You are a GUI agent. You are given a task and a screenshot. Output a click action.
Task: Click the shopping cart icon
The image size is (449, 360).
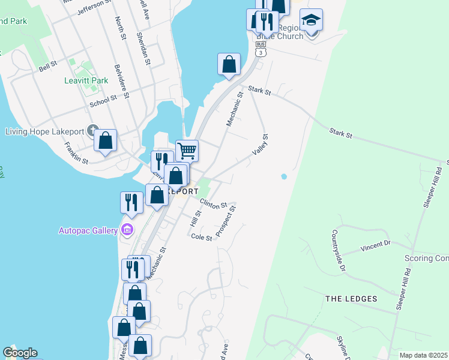point(187,151)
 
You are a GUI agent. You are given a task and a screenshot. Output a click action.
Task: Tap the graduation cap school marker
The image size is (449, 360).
point(311,20)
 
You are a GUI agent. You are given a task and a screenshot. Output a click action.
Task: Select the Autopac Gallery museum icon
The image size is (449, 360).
point(127,230)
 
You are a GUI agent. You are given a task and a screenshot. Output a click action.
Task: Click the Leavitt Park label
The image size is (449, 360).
point(86,80)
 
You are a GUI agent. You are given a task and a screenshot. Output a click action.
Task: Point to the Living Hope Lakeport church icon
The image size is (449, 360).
point(92,130)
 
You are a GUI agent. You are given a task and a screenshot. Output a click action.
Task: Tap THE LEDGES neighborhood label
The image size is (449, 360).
point(351,299)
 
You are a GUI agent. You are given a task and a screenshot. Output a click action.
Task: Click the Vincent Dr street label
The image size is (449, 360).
point(375,245)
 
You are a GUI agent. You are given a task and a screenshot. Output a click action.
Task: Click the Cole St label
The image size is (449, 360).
point(202,238)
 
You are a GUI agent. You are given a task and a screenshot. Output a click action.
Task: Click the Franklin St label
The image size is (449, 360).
point(76,154)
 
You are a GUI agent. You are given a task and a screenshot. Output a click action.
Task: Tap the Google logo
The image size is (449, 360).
point(20,353)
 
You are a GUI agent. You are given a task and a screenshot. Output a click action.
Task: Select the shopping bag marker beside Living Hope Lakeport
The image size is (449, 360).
point(106,141)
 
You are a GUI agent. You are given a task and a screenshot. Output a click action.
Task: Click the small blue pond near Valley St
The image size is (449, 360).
point(283,177)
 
